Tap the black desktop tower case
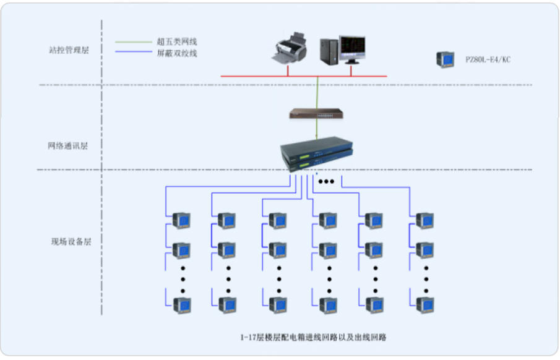(x=329, y=50)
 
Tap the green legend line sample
(x=134, y=42)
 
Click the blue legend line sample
(x=134, y=53)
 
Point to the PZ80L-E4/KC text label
(x=488, y=60)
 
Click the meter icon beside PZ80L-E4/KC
(x=444, y=59)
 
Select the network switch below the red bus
(x=316, y=113)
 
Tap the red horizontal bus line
(x=303, y=76)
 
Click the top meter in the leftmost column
(x=181, y=220)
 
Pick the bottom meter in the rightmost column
(x=424, y=304)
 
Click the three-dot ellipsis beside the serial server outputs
(x=325, y=182)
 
